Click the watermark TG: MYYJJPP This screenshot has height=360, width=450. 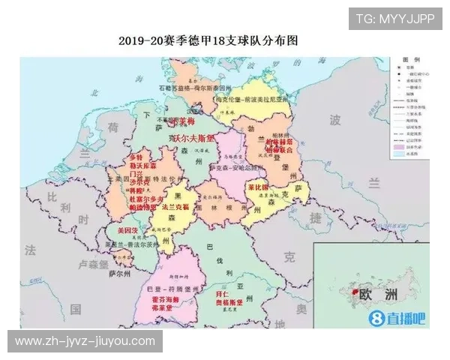point(395,19)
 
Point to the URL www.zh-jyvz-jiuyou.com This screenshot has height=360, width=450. point(85,341)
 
